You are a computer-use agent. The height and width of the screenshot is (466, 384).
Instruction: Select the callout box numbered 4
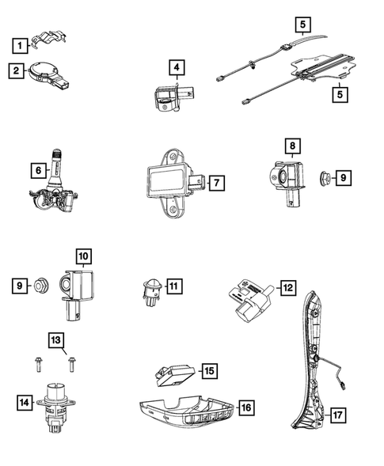click(177, 67)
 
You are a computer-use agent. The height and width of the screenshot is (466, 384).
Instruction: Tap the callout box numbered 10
click(83, 256)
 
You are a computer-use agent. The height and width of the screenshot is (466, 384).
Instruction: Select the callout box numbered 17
click(339, 414)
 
